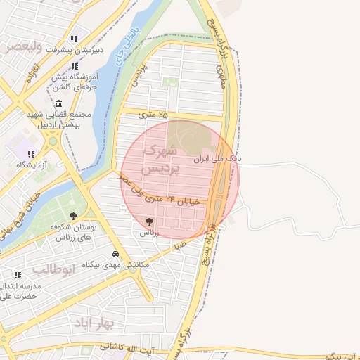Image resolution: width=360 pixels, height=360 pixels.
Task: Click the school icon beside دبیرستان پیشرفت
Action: pos(75,39)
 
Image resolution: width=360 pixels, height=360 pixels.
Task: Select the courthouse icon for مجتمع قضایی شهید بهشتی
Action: pos(58,104)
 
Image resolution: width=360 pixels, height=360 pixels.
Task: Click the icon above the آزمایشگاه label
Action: pos(30,153)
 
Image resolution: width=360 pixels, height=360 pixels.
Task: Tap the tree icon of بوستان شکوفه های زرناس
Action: pos(73,217)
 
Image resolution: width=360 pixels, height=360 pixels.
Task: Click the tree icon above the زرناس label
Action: pos(148,221)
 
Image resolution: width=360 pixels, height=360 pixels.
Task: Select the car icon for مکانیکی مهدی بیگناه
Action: pos(115,255)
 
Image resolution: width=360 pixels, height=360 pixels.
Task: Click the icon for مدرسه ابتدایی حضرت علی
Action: pos(18,276)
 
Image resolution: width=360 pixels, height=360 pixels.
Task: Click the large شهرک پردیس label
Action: pos(162,160)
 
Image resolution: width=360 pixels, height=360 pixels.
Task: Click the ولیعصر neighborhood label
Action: pos(22,46)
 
